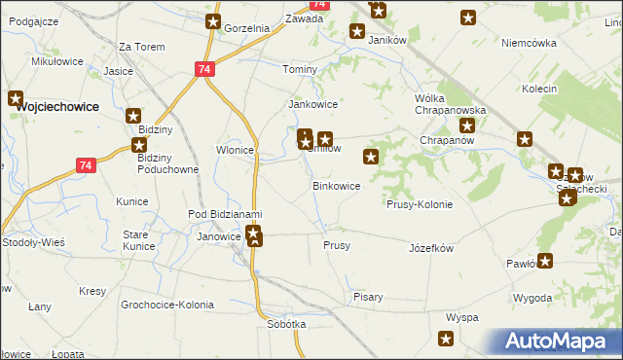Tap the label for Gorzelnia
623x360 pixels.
click(x=245, y=28)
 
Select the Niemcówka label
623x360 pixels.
click(x=529, y=43)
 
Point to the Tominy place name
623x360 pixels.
click(x=300, y=70)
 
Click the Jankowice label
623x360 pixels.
click(x=312, y=104)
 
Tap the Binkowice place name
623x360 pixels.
click(x=336, y=185)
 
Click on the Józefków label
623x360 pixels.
click(x=432, y=248)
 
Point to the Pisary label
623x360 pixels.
click(x=368, y=297)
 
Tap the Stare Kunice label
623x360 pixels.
click(x=140, y=241)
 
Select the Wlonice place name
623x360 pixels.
click(x=235, y=150)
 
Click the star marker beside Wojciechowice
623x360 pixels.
click(x=16, y=97)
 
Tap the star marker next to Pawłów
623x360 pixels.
click(x=545, y=260)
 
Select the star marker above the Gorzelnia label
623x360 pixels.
click(x=214, y=20)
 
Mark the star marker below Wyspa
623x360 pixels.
click(x=446, y=339)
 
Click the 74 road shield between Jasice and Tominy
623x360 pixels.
click(x=203, y=69)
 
